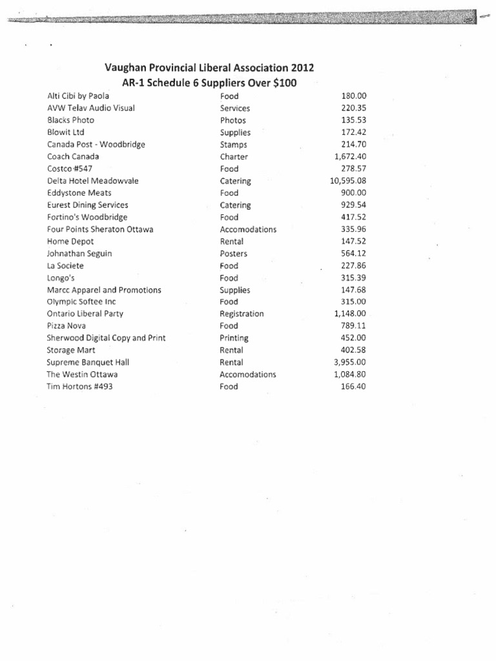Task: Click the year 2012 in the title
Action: pyautogui.click(x=302, y=68)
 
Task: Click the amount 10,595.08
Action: pyautogui.click(x=347, y=181)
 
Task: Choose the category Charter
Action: pyautogui.click(x=234, y=157)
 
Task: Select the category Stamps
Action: pyautogui.click(x=234, y=145)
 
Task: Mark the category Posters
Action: pyautogui.click(x=234, y=254)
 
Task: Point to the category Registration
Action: pyautogui.click(x=242, y=314)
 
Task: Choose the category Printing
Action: pyautogui.click(x=234, y=338)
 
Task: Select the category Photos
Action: pyautogui.click(x=233, y=120)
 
